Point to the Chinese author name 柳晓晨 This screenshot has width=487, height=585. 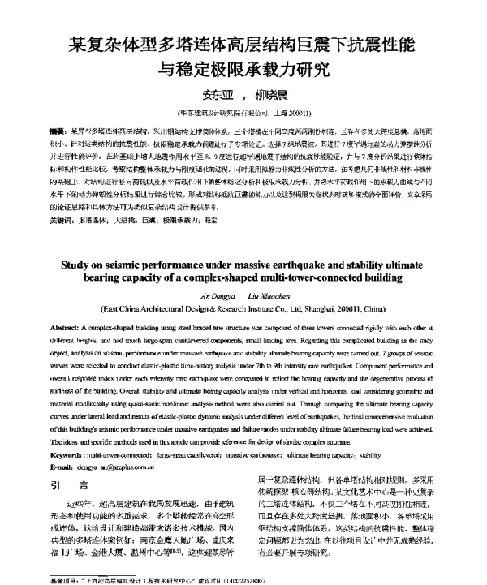coord(281,92)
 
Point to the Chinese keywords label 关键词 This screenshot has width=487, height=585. coord(61,197)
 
